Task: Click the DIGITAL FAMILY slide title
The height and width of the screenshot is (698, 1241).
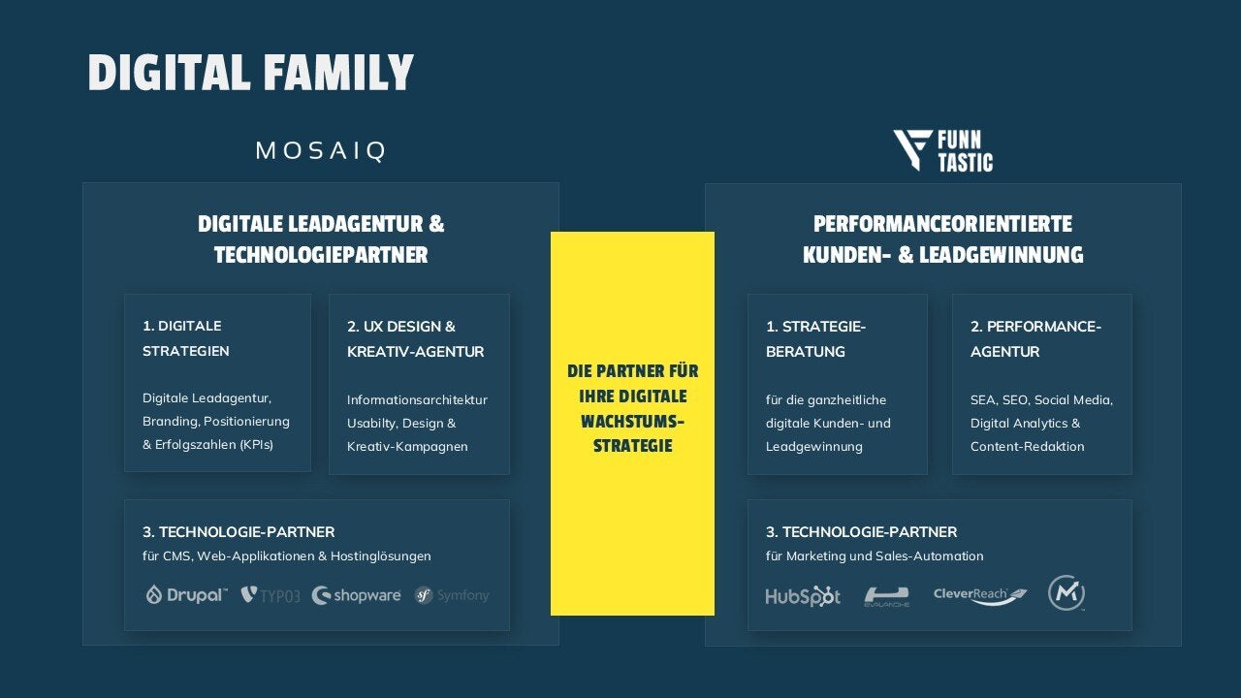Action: point(250,73)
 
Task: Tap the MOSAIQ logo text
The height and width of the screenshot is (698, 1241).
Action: point(321,150)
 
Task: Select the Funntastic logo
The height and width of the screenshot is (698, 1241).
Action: point(942,151)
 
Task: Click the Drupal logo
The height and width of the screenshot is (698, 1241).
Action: point(186,594)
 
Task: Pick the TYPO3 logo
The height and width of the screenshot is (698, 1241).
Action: point(270,595)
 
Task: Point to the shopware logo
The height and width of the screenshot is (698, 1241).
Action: point(356,595)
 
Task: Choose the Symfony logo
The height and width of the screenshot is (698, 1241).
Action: point(452,595)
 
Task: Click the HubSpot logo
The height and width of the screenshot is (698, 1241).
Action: point(803,596)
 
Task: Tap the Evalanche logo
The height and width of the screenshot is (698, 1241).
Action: point(886,596)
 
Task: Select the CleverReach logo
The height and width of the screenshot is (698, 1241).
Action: point(980,595)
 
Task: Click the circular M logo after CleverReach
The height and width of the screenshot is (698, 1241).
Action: point(1066,592)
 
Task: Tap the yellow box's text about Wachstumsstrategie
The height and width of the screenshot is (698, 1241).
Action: point(632,409)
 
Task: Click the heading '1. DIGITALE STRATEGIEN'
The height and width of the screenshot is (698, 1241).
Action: point(186,338)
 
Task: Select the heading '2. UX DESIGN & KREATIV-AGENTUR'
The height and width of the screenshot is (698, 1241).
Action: point(415,338)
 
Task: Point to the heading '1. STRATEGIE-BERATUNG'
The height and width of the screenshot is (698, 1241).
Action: point(815,338)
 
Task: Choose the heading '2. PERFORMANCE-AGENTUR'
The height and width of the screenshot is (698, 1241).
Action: point(1035,338)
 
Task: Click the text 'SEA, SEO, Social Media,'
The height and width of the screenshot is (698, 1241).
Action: point(1041,399)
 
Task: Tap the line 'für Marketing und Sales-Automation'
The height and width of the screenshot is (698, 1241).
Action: point(875,556)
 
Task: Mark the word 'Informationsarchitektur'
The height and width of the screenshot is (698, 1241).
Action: point(417,399)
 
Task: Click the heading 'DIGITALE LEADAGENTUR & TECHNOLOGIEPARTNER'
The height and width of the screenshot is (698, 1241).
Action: point(321,239)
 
